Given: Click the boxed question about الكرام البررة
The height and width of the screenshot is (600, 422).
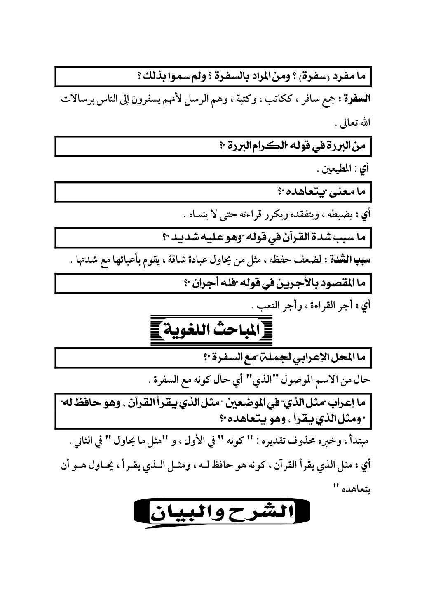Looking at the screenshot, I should click(213, 147).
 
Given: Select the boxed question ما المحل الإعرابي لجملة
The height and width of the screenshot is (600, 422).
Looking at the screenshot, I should click(213, 358).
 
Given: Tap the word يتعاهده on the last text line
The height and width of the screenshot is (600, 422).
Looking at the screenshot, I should click(357, 489).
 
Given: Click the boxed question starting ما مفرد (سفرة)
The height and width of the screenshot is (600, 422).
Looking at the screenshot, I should click(213, 77).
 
